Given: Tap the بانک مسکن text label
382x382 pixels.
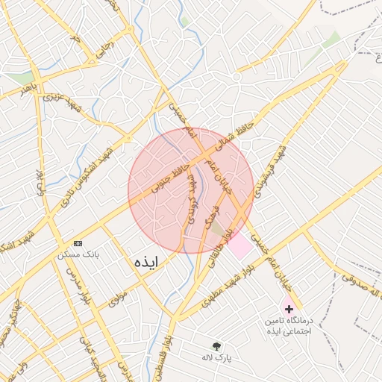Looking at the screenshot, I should tap(78, 255).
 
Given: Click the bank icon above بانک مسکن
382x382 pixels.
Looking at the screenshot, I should tap(78, 243).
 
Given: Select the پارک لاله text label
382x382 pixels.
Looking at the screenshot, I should tap(217, 358).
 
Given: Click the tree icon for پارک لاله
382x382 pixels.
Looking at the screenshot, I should tap(217, 346).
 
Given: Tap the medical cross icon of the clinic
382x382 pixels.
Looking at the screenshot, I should tap(289, 308).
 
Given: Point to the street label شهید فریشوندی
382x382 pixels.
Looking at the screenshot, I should tap(268, 169).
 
